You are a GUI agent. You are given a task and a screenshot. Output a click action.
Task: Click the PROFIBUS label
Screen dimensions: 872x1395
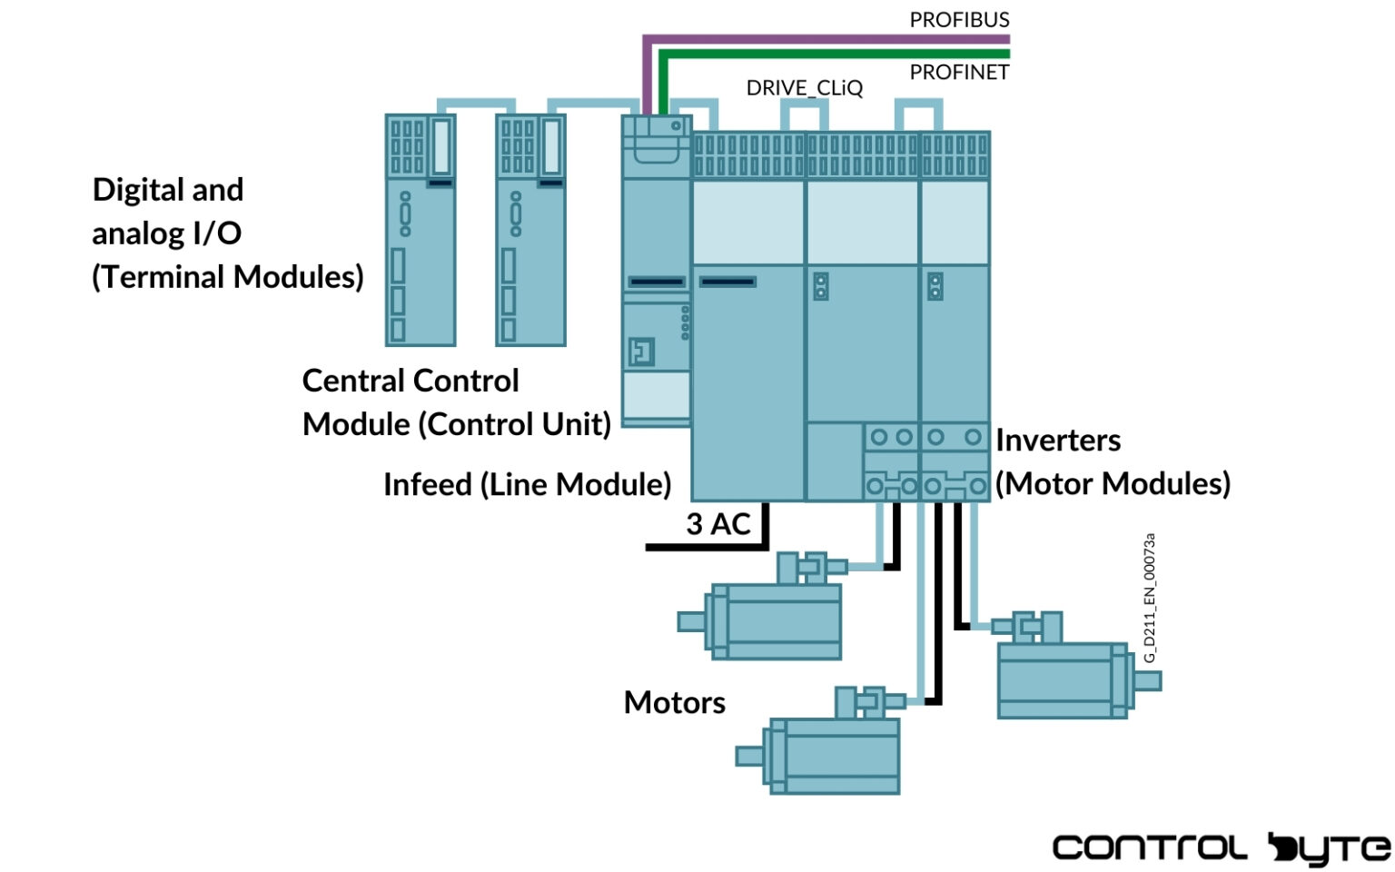[959, 20]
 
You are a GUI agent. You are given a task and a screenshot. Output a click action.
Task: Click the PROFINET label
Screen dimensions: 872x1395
[959, 73]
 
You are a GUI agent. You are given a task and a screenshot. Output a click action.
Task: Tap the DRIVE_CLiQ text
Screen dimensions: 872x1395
[804, 88]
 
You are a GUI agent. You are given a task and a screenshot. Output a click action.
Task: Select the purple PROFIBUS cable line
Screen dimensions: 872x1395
[817, 39]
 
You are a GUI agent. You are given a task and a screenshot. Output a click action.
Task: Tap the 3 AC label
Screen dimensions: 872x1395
[717, 524]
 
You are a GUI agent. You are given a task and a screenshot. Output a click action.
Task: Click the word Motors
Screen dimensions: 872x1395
[674, 702]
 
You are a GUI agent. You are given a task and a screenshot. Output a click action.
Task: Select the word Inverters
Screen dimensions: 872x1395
[1058, 441]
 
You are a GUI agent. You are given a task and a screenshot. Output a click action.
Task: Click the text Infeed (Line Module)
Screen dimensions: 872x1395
[527, 484]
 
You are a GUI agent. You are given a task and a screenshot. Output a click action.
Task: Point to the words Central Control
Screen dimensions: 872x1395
[411, 381]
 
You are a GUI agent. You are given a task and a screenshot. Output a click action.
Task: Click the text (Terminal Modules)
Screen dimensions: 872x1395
[227, 276]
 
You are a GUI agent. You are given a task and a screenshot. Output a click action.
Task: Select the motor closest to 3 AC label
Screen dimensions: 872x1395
[772, 618]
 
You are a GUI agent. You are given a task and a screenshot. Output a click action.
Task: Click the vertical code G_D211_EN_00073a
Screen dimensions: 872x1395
[1150, 597]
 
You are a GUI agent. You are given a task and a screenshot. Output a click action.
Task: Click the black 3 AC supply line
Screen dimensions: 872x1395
[708, 548]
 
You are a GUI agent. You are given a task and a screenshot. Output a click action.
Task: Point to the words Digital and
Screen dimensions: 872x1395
[168, 190]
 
